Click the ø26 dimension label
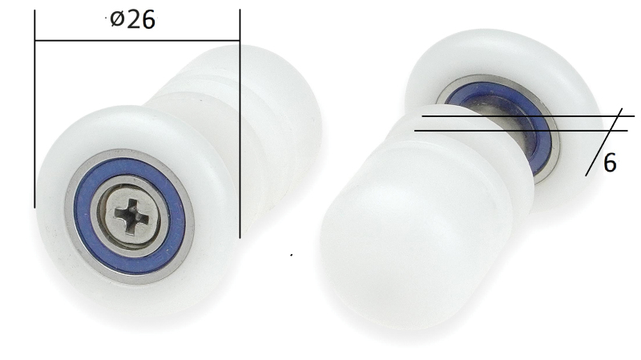[x=132, y=19]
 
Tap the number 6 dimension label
[x=610, y=163]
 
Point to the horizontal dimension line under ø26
[x=137, y=41]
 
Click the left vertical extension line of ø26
[x=34, y=109]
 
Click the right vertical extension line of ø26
[x=240, y=123]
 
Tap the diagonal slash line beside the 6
[x=603, y=143]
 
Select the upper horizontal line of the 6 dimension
[x=528, y=116]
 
